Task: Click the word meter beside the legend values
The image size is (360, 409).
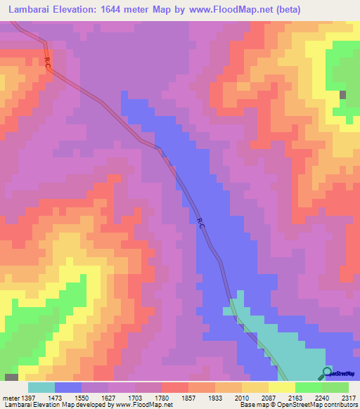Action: click(x=9, y=398)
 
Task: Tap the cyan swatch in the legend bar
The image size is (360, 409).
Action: click(x=41, y=387)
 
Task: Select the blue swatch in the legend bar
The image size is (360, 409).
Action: click(x=68, y=387)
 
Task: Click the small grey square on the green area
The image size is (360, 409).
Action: click(x=343, y=95)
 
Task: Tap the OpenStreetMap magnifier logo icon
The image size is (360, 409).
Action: click(x=327, y=372)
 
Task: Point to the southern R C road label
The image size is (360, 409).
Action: click(x=200, y=223)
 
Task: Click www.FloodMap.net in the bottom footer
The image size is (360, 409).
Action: click(x=140, y=405)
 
